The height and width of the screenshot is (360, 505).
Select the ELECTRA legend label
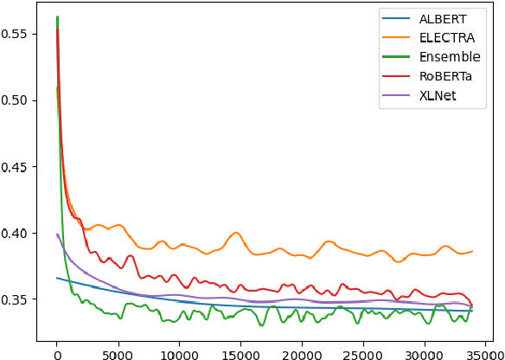pos(447,37)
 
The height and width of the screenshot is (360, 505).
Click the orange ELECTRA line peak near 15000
pos(235,233)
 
